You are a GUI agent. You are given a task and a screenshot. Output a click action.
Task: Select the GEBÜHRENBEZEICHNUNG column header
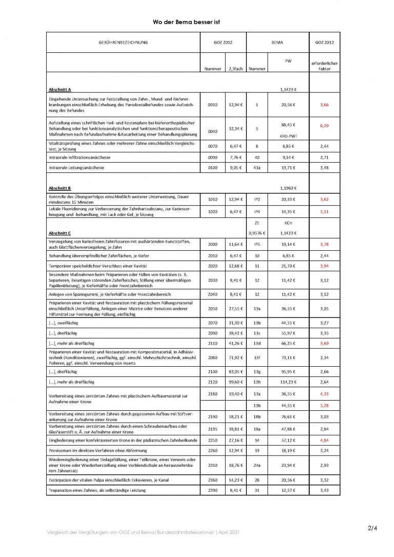click(123, 43)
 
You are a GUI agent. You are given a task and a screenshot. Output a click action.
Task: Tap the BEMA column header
click(277, 43)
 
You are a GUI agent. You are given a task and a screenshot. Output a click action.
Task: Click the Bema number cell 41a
click(257, 167)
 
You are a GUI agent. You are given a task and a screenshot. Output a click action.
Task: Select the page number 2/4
click(372, 528)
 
